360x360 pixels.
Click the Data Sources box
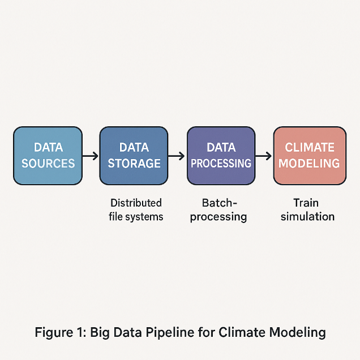tap(48, 156)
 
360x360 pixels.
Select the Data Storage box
tap(134, 156)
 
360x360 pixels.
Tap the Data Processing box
tap(221, 156)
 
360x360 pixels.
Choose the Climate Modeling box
tap(310, 156)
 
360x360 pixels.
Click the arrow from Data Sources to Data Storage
tap(91, 156)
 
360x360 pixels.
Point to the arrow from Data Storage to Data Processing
tap(177, 156)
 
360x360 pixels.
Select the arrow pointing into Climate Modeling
tap(263, 156)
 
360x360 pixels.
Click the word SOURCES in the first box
tap(48, 163)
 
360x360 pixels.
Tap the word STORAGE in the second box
tap(134, 163)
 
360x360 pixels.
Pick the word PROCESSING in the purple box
tap(221, 163)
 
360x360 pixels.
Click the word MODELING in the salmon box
tap(309, 163)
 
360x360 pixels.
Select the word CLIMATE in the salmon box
tap(310, 147)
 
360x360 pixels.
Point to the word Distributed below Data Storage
tap(136, 203)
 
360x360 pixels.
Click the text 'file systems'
tap(136, 217)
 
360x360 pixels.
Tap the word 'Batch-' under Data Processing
tap(219, 203)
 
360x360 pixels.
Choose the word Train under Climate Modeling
tap(306, 203)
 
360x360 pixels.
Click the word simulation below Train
tap(307, 216)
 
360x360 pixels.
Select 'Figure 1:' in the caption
tap(61, 332)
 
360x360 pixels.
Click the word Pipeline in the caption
tap(170, 332)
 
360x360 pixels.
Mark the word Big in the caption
tap(100, 332)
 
